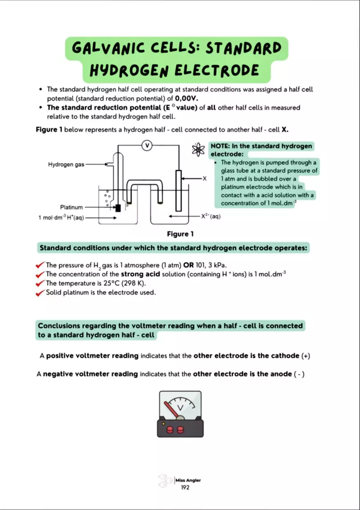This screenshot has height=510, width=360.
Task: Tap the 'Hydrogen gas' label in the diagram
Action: (x=66, y=164)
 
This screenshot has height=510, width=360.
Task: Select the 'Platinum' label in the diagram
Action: (x=71, y=207)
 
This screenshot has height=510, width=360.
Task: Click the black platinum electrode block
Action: (x=118, y=208)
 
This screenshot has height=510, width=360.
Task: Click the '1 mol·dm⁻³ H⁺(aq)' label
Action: (x=61, y=218)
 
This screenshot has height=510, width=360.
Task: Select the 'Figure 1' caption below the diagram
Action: (x=180, y=234)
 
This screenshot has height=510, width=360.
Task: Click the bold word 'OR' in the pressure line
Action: (x=189, y=265)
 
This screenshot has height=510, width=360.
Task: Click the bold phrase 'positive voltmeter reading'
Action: (x=92, y=356)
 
